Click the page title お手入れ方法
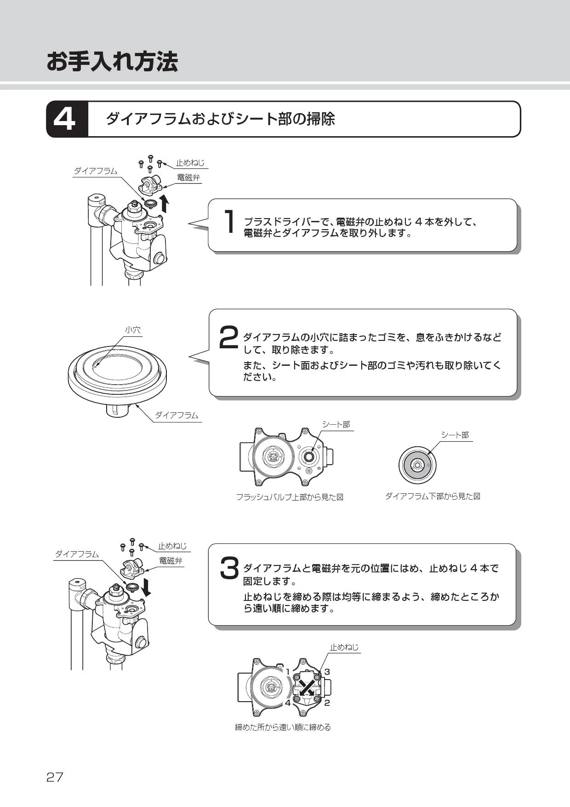tap(112, 61)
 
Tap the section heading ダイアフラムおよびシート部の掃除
tap(221, 119)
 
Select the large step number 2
tap(228, 337)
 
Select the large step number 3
tap(229, 569)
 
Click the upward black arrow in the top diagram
tap(164, 202)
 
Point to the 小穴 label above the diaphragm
tap(133, 330)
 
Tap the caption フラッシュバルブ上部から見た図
tap(290, 497)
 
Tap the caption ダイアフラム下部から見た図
tap(432, 496)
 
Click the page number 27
tap(55, 777)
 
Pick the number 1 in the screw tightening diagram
tap(288, 672)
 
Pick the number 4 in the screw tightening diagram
tap(288, 703)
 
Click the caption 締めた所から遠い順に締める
tap(283, 727)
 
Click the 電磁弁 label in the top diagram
tap(188, 178)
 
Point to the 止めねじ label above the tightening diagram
tap(344, 647)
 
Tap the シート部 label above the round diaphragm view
tap(455, 435)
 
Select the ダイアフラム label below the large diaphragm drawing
tap(177, 415)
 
